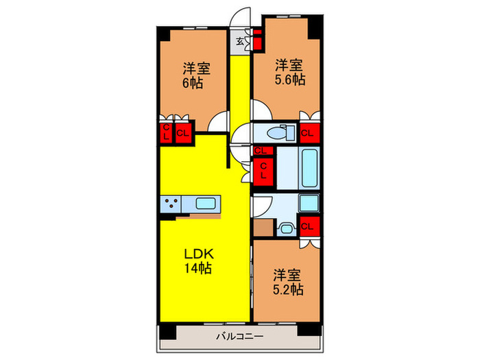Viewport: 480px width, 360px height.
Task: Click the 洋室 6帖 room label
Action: [x=196, y=75]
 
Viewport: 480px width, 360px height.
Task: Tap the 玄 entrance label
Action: [x=240, y=41]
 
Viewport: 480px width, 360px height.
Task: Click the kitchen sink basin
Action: [x=206, y=203]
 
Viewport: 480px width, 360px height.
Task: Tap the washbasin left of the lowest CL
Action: [x=287, y=228]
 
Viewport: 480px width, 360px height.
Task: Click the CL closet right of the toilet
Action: [x=308, y=132]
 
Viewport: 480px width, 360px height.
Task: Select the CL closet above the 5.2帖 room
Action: [x=308, y=226]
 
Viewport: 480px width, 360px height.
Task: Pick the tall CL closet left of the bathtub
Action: [x=263, y=171]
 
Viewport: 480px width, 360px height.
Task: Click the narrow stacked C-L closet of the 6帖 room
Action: [x=165, y=132]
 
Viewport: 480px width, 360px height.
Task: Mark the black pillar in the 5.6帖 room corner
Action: [x=314, y=27]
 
